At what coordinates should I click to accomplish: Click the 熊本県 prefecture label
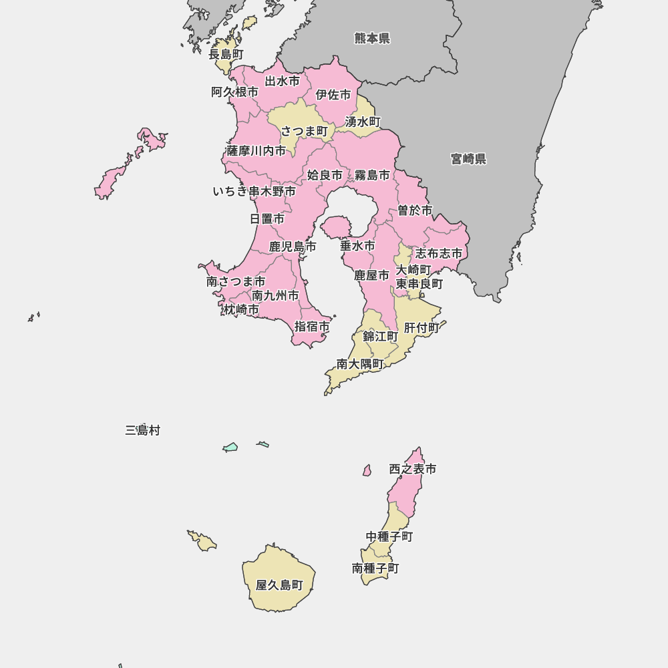point(372,38)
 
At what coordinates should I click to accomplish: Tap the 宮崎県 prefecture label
point(468,159)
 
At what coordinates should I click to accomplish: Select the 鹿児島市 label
point(293,246)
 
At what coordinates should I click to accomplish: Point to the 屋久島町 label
point(279,585)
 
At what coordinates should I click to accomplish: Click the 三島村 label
point(142,430)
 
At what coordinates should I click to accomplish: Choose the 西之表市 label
point(413,469)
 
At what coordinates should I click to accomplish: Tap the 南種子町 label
point(375,568)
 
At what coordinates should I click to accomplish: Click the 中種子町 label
point(389,536)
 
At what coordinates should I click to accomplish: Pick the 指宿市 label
point(312,327)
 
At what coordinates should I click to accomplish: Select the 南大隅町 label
point(360,364)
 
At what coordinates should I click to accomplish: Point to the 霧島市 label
point(372,175)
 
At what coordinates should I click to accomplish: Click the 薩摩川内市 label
point(256,150)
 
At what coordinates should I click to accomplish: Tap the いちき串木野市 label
point(254,192)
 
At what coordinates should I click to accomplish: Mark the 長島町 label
point(226,54)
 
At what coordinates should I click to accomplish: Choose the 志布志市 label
point(439,253)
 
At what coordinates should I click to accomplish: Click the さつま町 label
point(304,131)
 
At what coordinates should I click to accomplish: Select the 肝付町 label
point(422,328)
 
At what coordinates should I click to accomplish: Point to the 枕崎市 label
point(241,309)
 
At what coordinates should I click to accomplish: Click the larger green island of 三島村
point(230,448)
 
